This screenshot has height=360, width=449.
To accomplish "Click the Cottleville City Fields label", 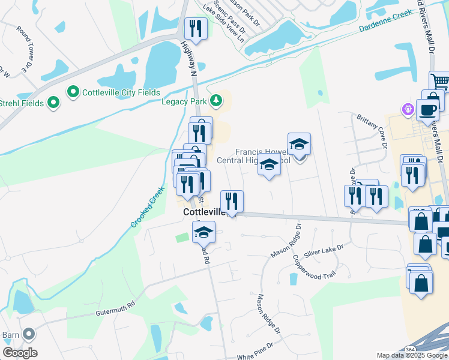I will (121, 92).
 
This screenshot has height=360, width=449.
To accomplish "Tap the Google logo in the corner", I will (20, 353).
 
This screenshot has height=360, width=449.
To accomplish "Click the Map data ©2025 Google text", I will (412, 355).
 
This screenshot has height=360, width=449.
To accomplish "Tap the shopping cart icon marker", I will (440, 80).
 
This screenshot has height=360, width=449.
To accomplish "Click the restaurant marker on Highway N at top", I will (196, 28).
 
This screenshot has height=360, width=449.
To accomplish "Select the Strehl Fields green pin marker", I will (54, 103).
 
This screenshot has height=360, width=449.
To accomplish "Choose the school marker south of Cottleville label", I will (204, 232).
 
